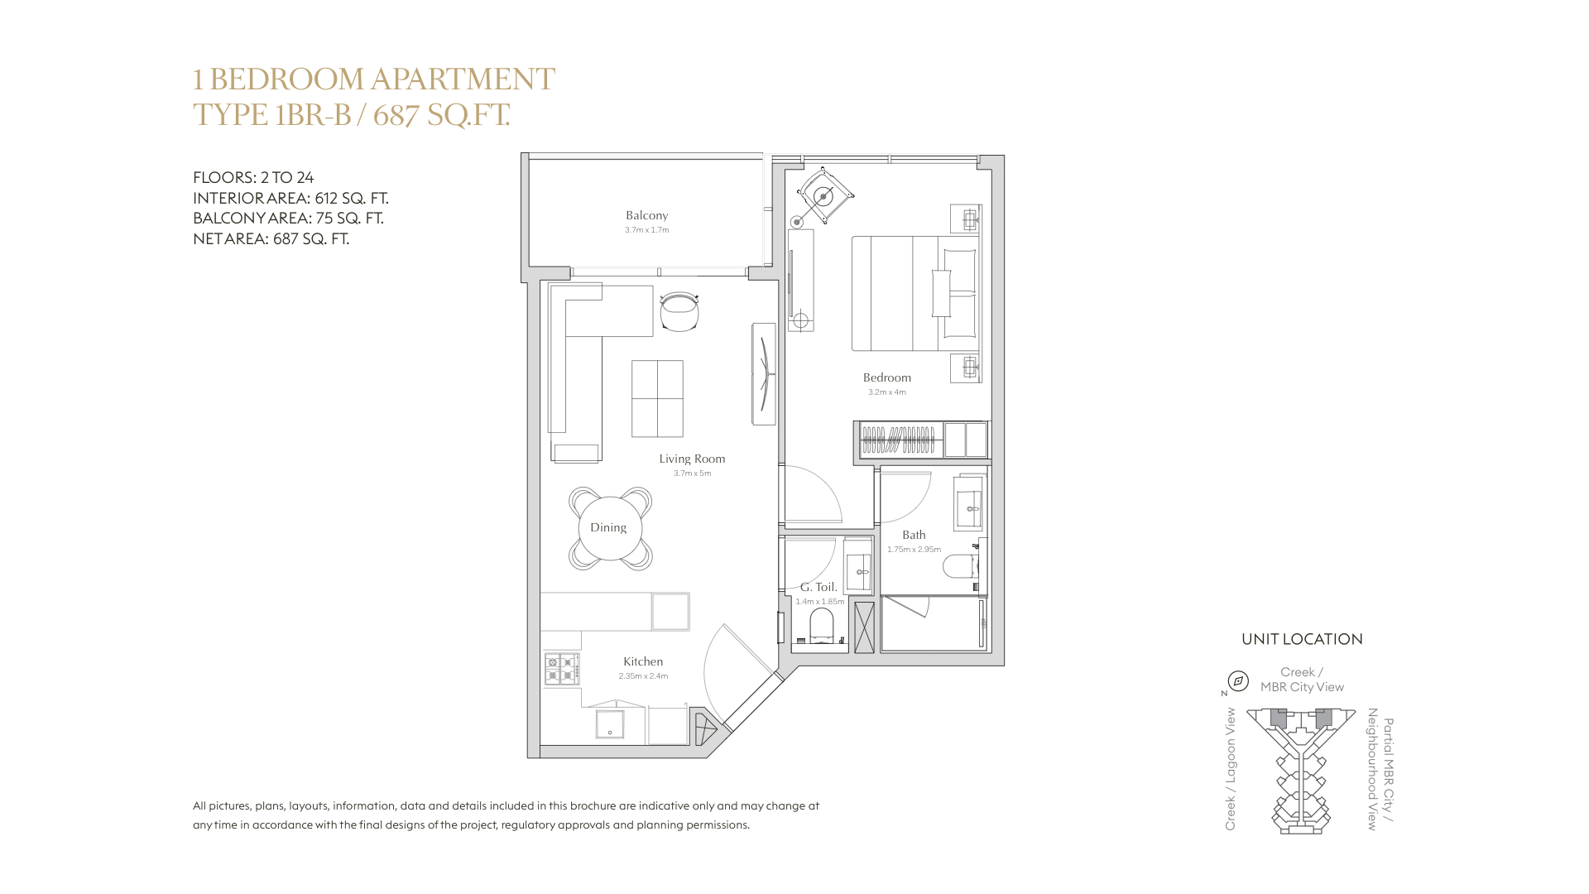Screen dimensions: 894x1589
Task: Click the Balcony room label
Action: coord(646,215)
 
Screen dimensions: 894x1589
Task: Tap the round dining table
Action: coord(609,528)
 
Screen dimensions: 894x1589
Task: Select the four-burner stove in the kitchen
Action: coord(561,669)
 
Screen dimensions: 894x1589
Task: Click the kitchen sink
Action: coord(610,723)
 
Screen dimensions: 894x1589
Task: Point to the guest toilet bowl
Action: coord(822,627)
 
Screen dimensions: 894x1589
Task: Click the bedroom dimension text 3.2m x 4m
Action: coord(886,392)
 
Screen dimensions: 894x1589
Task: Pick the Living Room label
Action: coord(692,459)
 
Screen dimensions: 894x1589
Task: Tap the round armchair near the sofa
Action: coord(679,312)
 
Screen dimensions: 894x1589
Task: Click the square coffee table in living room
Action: coord(657,398)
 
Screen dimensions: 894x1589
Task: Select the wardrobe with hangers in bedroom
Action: coord(900,440)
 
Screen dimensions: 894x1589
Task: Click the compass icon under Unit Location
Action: coord(1238,681)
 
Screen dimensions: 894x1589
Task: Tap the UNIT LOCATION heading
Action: coord(1302,639)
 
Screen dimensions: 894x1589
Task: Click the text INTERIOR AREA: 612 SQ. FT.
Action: coord(290,198)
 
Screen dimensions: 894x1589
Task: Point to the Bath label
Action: coord(914,535)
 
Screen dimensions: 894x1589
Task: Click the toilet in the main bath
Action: coord(960,566)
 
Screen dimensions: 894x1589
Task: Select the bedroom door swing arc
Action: coord(815,495)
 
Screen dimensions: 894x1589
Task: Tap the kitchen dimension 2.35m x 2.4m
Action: coord(643,676)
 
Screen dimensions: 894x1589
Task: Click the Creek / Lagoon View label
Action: coord(1231,769)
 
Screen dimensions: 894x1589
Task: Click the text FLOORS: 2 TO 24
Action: coord(253,177)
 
